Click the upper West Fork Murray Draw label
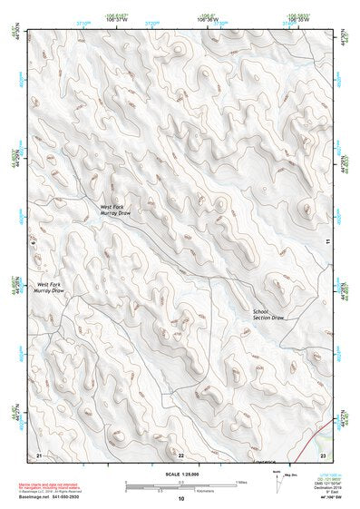tap(115, 210)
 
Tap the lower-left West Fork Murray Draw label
tap(49, 287)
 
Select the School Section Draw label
tap(268, 316)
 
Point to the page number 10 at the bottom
tap(180, 499)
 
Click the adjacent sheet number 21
tap(38, 454)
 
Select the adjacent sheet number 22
tap(180, 454)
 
